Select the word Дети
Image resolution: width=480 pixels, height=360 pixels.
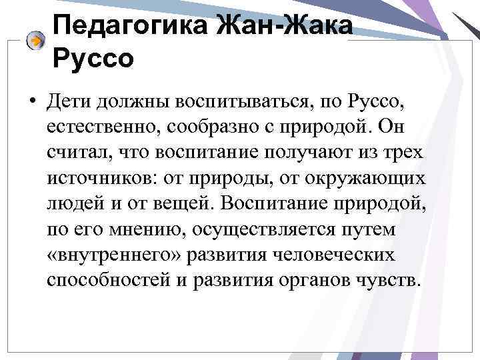pos(70,103)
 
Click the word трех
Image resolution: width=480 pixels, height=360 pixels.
pos(404,151)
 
